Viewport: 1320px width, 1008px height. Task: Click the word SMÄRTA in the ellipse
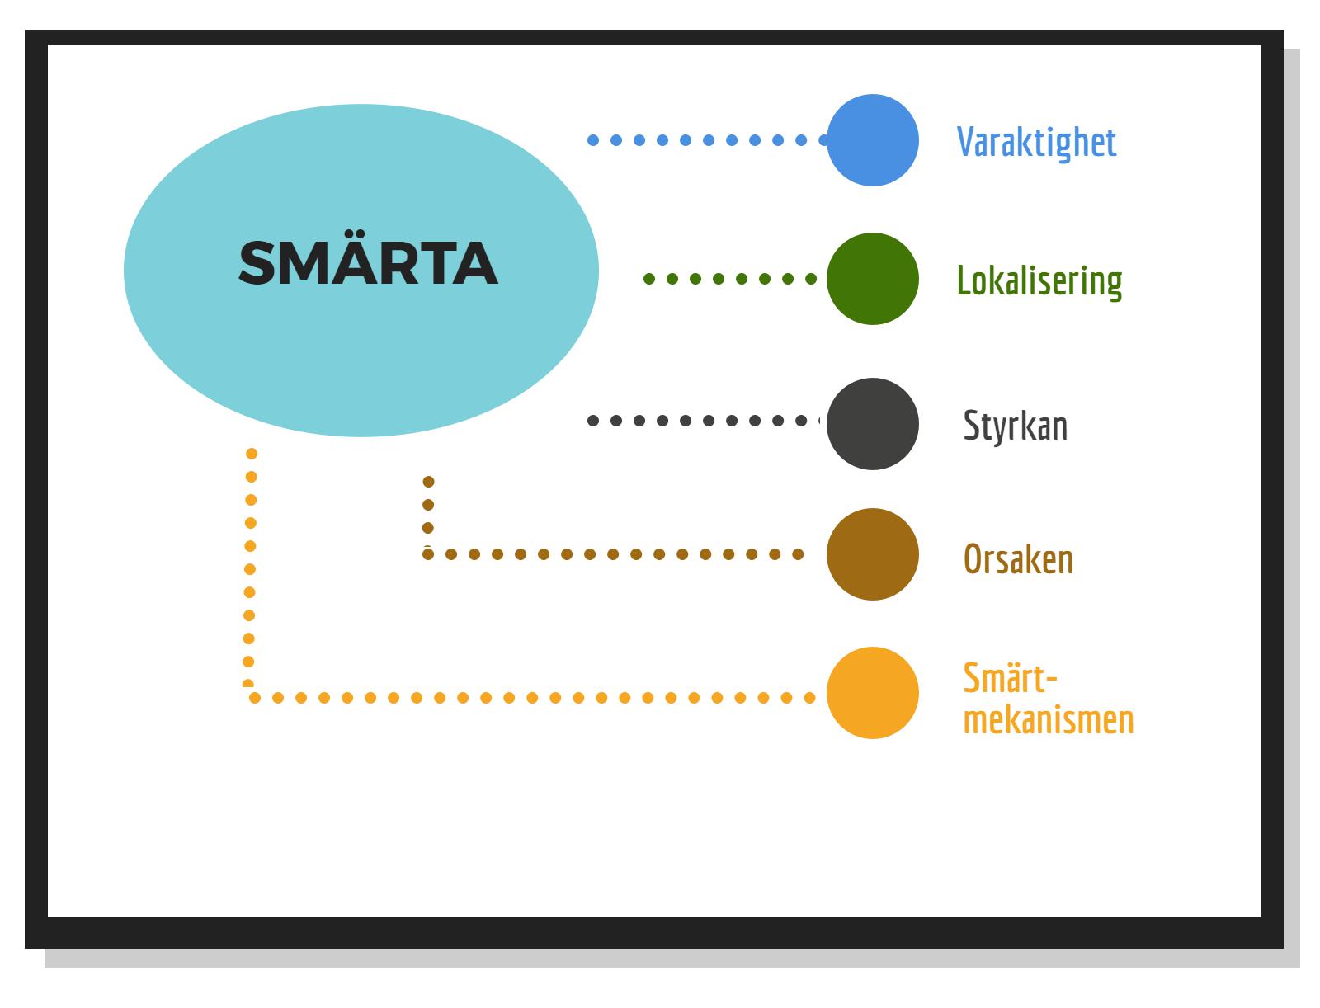coord(367,264)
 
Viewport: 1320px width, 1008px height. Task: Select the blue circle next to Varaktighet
coord(872,140)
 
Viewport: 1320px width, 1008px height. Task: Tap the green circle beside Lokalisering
coord(872,279)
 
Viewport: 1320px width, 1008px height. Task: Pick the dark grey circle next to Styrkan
coord(872,424)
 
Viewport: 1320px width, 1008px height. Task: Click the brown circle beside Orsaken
coord(872,554)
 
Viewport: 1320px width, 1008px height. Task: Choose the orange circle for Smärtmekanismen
coord(872,693)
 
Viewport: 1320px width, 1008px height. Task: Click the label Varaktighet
coord(1036,142)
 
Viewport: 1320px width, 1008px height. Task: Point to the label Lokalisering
coord(1039,280)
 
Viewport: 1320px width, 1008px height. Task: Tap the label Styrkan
coord(1015,426)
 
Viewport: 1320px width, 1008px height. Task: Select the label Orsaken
coord(1018,559)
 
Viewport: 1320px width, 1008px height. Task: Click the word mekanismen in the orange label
coord(1048,719)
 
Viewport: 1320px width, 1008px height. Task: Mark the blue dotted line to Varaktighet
coord(708,140)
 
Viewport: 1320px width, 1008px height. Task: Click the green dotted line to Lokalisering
coord(729,279)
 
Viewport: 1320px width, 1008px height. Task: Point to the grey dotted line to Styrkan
coord(708,421)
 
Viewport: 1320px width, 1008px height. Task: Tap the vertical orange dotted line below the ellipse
coord(250,569)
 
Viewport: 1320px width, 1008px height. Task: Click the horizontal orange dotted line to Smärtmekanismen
coord(531,698)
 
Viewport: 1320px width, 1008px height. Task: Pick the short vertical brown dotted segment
coord(428,505)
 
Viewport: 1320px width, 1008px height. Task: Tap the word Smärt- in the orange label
coord(1010,678)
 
